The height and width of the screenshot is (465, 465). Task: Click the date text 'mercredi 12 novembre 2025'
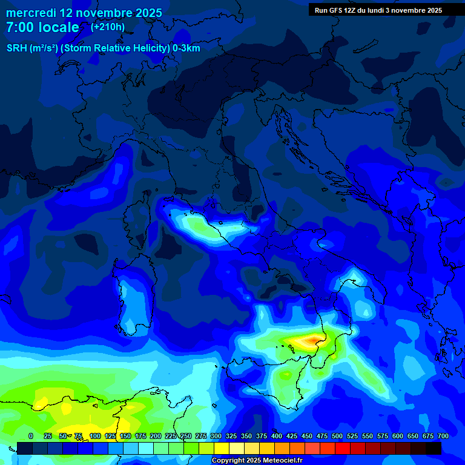[84, 13]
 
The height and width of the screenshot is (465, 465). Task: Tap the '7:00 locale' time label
[42, 27]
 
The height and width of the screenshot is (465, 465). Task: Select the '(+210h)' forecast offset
[108, 27]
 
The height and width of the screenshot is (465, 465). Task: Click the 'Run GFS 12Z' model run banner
[378, 10]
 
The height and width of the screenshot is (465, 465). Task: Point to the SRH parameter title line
[103, 48]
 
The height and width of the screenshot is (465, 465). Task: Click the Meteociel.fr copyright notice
[257, 461]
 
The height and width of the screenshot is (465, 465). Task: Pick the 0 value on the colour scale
[31, 436]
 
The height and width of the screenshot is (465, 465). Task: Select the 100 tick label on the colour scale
[95, 436]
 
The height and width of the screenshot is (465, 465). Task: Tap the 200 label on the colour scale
[156, 436]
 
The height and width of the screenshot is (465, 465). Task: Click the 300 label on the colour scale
[216, 436]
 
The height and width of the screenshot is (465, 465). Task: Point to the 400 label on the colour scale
[277, 436]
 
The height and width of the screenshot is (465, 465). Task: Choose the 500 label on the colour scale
[337, 436]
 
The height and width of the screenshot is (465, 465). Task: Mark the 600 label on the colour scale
[398, 436]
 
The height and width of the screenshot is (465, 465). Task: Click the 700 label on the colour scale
[443, 436]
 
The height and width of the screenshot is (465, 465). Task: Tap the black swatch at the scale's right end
[434, 448]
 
